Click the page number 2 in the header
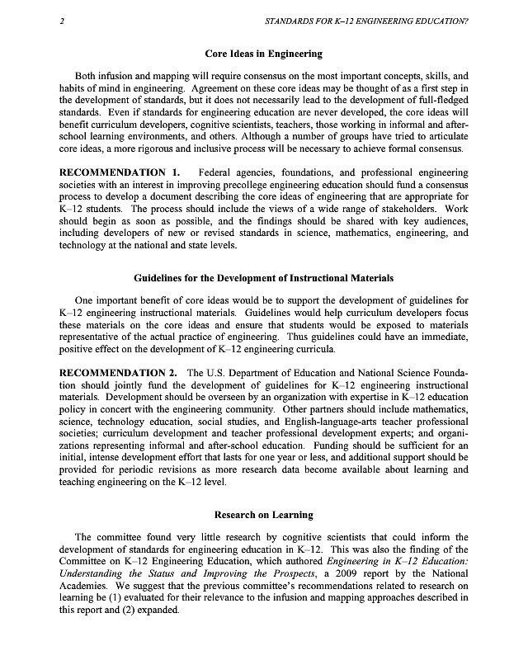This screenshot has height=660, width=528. (63, 22)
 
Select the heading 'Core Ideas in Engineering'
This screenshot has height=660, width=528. (264, 54)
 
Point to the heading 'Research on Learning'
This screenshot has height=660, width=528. (264, 515)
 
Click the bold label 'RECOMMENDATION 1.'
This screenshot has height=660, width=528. (120, 172)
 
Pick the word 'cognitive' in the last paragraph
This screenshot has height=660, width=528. (293, 536)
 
